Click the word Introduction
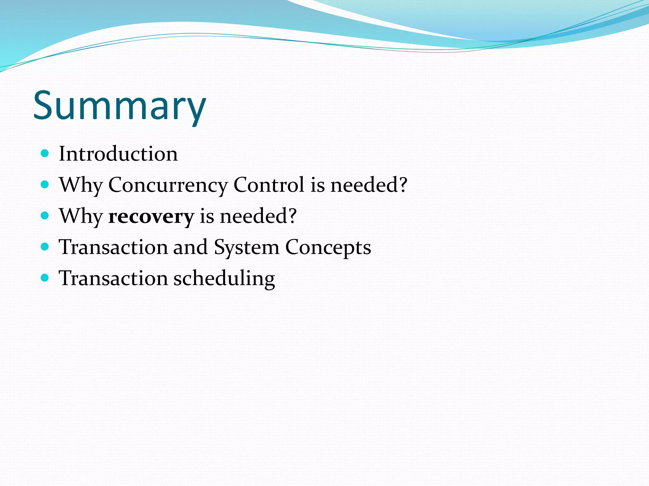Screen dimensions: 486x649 [x=118, y=154]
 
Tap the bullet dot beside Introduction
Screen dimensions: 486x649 [x=45, y=154]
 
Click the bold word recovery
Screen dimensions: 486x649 [x=151, y=216]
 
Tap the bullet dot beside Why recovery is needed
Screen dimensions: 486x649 [x=45, y=216]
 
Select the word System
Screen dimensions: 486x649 [x=246, y=247]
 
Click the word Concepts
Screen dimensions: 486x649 [x=328, y=247]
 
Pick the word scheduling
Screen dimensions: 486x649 [x=224, y=279]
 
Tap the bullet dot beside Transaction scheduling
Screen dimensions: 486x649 [x=45, y=278]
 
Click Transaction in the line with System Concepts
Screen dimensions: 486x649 [x=113, y=247]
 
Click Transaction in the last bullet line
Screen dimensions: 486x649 [x=113, y=278]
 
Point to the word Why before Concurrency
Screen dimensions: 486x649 [x=81, y=185]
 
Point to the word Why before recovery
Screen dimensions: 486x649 [x=81, y=216]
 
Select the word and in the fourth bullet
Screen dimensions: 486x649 [x=190, y=247]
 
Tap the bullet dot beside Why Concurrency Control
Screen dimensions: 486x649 [x=45, y=184]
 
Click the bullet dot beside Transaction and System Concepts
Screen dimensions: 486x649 [x=45, y=247]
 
